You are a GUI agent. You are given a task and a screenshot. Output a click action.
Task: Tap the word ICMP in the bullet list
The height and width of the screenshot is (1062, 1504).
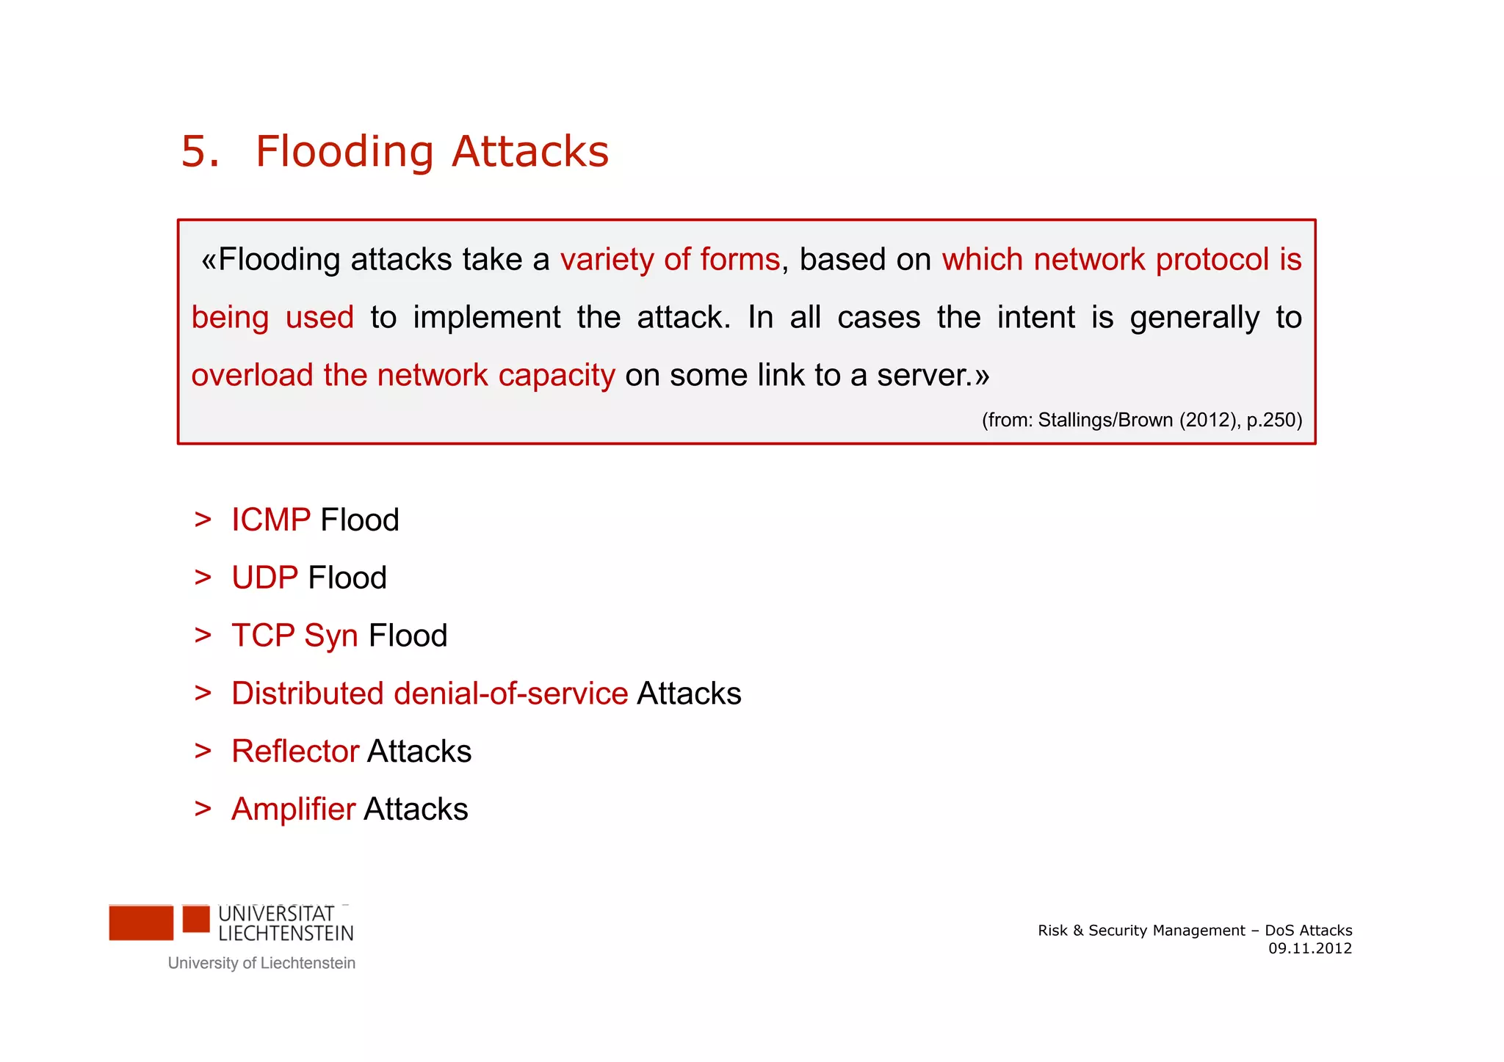pyautogui.click(x=271, y=520)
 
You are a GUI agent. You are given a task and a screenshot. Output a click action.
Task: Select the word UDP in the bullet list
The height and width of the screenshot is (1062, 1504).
pyautogui.click(x=264, y=578)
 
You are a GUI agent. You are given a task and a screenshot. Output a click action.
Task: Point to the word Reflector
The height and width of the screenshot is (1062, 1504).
pyautogui.click(x=295, y=752)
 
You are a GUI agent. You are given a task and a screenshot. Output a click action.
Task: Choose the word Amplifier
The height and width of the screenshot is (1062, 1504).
pyautogui.click(x=293, y=810)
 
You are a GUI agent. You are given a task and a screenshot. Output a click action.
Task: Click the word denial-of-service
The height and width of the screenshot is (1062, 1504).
pyautogui.click(x=510, y=694)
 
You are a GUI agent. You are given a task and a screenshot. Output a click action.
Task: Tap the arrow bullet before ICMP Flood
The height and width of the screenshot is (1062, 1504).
pyautogui.click(x=203, y=520)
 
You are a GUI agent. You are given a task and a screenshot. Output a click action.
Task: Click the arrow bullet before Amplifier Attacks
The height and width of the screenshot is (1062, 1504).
pyautogui.click(x=203, y=809)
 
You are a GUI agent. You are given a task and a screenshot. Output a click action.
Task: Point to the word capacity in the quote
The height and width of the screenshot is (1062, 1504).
pyautogui.click(x=557, y=376)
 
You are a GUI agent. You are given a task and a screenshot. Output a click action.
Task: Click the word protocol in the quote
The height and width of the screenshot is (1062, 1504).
pyautogui.click(x=1212, y=260)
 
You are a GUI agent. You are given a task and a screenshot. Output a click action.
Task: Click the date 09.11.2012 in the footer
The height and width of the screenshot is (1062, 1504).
pyautogui.click(x=1310, y=948)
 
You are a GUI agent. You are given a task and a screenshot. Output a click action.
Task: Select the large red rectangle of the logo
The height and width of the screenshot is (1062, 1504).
pyautogui.click(x=141, y=923)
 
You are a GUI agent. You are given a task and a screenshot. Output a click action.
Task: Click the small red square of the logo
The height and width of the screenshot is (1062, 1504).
pyautogui.click(x=196, y=919)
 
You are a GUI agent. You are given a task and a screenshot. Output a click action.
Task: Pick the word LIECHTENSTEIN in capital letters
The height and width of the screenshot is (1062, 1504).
pyautogui.click(x=286, y=934)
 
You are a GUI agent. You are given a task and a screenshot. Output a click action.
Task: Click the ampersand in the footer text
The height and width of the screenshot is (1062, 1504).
pyautogui.click(x=1078, y=931)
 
